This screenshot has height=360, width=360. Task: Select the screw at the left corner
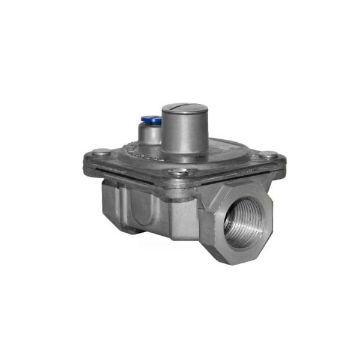[103, 152]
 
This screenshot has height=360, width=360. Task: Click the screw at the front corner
[178, 173]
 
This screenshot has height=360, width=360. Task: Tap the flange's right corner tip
[282, 161]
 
